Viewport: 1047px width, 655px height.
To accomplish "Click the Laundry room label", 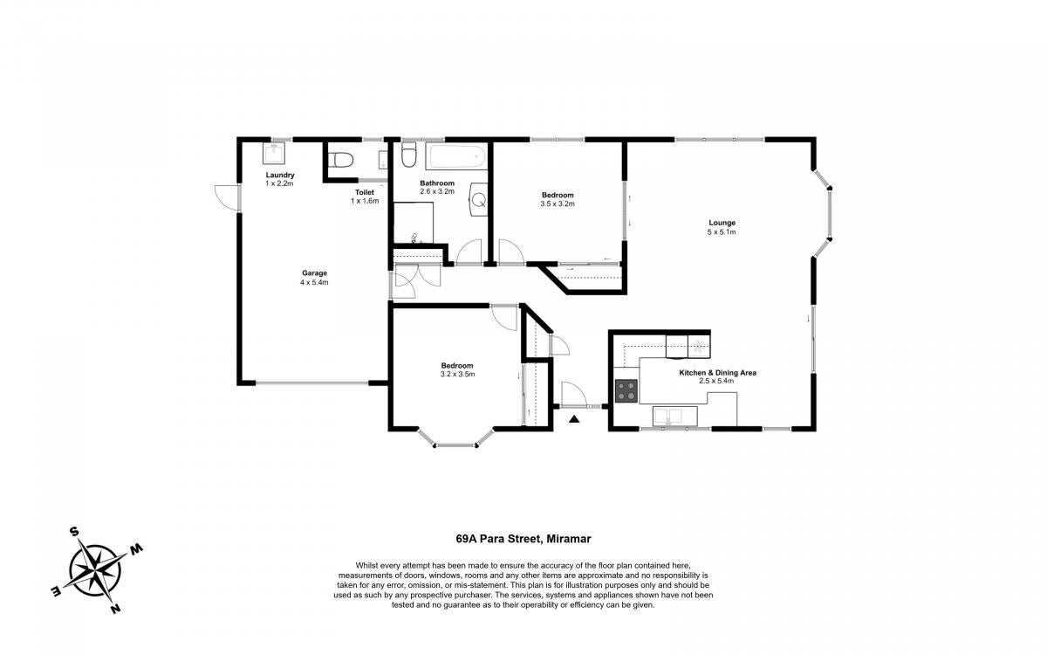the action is tap(280, 175).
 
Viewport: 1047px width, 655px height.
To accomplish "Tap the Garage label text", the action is tap(315, 273).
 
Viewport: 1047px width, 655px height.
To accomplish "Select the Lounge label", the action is tap(722, 223).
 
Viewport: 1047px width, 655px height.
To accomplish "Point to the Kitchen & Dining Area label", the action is tap(717, 373).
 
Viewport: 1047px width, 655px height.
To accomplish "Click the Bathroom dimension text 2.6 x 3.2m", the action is tap(437, 191).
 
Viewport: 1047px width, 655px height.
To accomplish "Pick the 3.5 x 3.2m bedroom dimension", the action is tap(558, 204).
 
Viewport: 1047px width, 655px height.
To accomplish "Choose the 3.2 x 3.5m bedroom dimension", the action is tap(457, 375).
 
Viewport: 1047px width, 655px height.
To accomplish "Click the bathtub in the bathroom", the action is tap(456, 156).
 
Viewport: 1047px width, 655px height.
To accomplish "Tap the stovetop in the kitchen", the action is tap(626, 390).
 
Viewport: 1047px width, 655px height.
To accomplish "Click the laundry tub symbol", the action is tap(273, 154).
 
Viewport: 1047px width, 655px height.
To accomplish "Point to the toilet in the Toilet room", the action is tap(339, 161).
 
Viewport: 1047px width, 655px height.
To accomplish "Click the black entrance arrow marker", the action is tap(574, 419).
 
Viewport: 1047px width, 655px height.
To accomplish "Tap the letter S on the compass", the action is tap(74, 531).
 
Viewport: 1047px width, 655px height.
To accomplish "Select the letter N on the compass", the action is tap(115, 609).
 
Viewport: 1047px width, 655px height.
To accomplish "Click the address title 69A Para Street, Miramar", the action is tap(523, 539).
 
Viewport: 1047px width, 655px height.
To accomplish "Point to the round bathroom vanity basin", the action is tap(479, 200).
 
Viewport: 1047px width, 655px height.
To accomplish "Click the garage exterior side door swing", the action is tap(226, 198).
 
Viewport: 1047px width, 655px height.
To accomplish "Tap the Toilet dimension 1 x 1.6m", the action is tap(365, 201).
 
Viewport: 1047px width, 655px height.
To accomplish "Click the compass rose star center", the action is tap(95, 571).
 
